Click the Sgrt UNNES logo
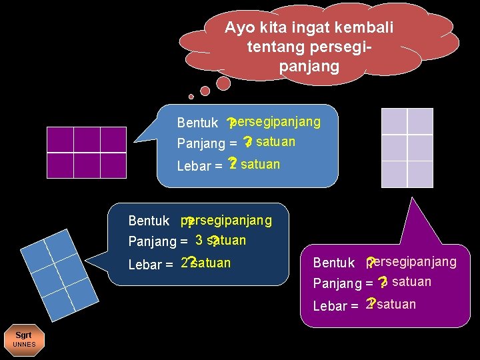pyautogui.click(x=24, y=339)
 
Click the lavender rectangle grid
pyautogui.click(x=407, y=149)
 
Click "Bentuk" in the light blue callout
pyautogui.click(x=197, y=123)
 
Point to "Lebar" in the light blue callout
pyautogui.click(x=193, y=166)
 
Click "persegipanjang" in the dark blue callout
pyautogui.click(x=227, y=220)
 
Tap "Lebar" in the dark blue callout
pyautogui.click(x=145, y=265)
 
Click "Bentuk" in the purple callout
pyautogui.click(x=334, y=263)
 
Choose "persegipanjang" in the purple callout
pyautogui.click(x=413, y=261)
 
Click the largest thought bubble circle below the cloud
pyautogui.click(x=223, y=82)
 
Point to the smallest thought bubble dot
pyautogui.click(x=191, y=97)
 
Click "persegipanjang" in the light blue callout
pyautogui.click(x=276, y=122)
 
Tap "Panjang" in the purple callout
pyautogui.click(x=337, y=284)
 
